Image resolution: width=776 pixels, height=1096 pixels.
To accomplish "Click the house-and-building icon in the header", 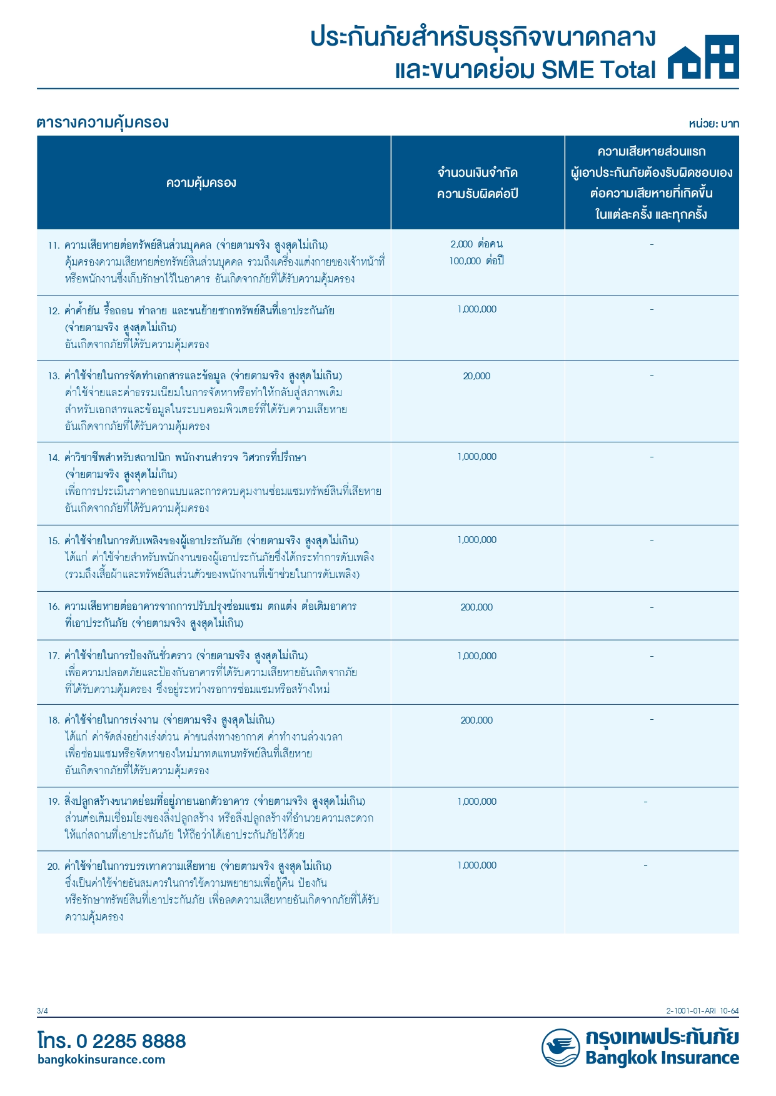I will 703,57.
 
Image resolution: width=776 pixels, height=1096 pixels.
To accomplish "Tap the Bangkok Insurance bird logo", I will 560,1048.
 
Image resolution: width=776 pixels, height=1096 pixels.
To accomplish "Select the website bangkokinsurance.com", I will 101,1059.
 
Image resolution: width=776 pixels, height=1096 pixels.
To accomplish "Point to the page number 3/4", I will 42,1011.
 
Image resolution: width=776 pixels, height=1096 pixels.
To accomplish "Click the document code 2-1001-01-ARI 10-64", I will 702,1011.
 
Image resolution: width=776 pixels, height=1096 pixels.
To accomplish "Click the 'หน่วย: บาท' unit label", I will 713,124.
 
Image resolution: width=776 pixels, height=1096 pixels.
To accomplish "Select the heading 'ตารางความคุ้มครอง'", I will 103,122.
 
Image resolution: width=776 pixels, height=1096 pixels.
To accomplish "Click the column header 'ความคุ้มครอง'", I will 201,182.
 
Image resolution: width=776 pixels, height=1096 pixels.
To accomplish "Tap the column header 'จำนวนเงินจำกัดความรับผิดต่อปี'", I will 477,183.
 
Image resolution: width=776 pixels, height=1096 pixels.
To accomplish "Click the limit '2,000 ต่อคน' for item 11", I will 476,244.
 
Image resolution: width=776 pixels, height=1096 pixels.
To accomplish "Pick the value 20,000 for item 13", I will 476,376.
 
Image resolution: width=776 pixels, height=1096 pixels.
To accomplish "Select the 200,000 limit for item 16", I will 476,607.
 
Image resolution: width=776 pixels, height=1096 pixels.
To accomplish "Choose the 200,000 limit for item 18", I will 476,720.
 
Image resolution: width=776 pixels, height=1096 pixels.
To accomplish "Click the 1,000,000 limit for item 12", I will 476,309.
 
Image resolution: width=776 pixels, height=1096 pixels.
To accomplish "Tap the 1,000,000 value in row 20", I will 476,865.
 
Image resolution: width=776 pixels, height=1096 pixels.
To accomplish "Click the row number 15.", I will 53,541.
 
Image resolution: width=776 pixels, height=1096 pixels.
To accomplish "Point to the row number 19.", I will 53,802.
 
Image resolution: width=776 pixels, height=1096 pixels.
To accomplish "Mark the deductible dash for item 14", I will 652,457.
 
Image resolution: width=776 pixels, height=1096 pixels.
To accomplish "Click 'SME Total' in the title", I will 598,70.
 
